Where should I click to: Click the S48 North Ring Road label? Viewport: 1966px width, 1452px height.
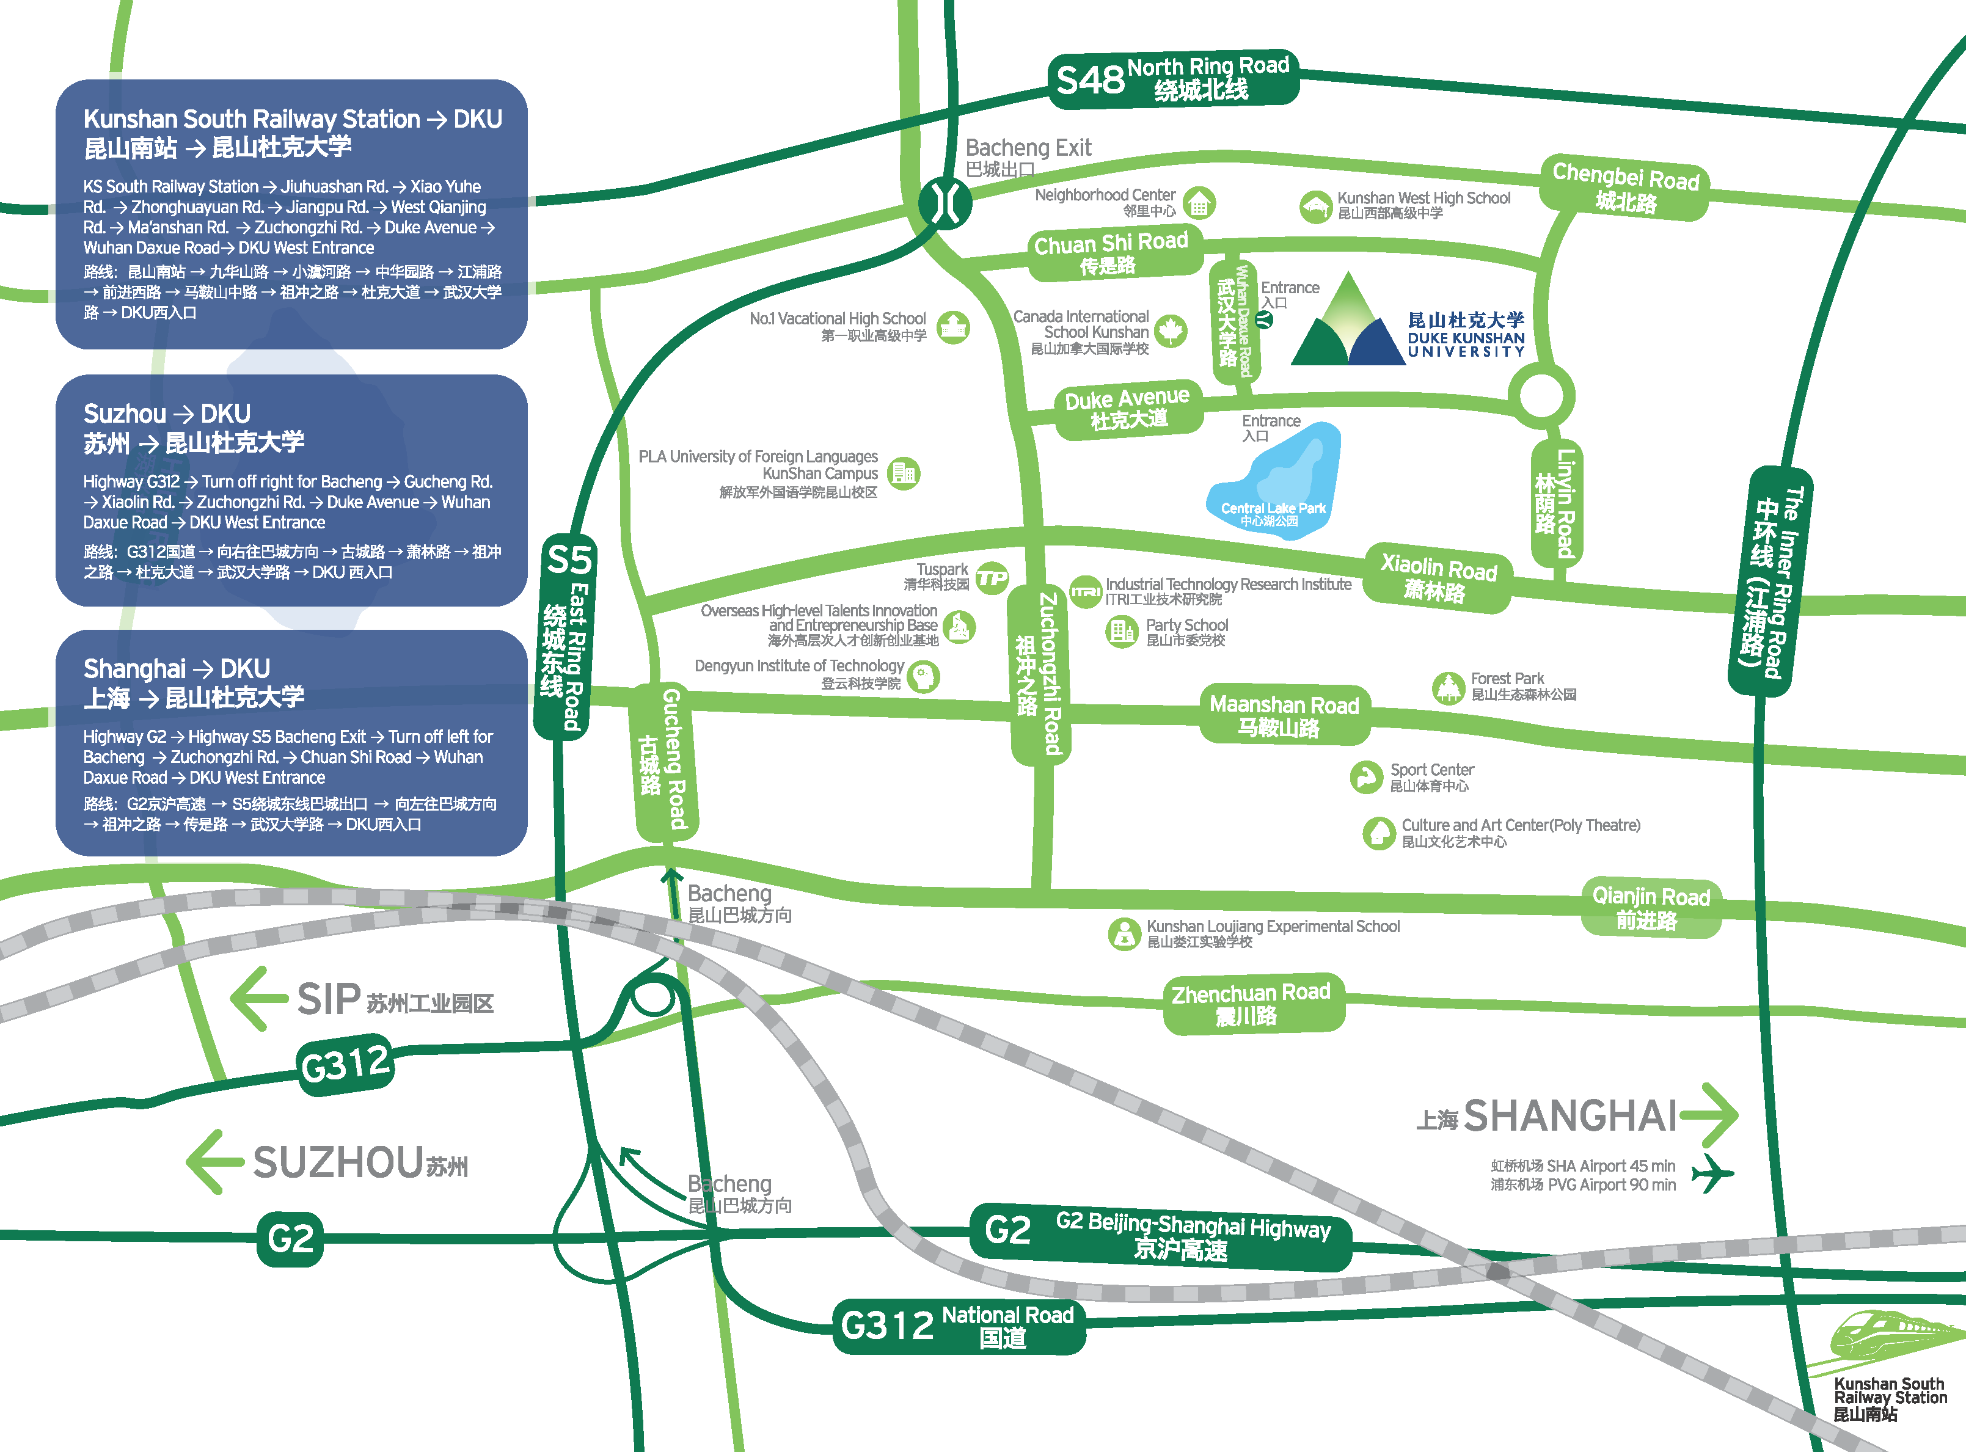(1173, 78)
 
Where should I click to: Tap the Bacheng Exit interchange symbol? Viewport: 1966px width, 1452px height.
(945, 203)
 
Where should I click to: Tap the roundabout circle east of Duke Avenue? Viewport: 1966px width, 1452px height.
(1541, 395)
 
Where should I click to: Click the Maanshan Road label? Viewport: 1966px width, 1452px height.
(1284, 715)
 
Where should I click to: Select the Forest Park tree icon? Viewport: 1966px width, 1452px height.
(1447, 687)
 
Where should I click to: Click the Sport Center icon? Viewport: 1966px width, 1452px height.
(1365, 777)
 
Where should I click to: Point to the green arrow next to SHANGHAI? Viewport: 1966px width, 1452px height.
(1709, 1114)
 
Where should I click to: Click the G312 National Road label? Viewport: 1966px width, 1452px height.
(958, 1326)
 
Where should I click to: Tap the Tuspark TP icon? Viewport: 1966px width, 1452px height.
(992, 577)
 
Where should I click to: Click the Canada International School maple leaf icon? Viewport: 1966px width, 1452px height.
(1170, 330)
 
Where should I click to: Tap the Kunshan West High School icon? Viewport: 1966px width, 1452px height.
(1315, 206)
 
